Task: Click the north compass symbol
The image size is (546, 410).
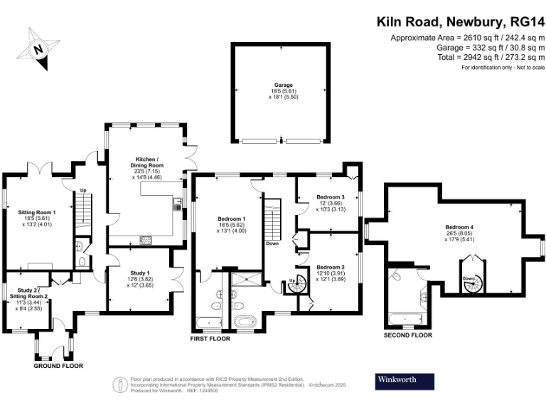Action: pos(38,50)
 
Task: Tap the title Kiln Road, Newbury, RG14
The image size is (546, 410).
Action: pos(461,21)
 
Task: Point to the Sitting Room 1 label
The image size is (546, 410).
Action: pos(36,212)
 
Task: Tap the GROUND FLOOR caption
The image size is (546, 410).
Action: pos(58,366)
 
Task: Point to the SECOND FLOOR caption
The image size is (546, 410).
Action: pos(407,335)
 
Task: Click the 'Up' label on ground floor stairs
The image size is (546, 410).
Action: pos(82,191)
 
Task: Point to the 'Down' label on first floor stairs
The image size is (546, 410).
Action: pos(272,243)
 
